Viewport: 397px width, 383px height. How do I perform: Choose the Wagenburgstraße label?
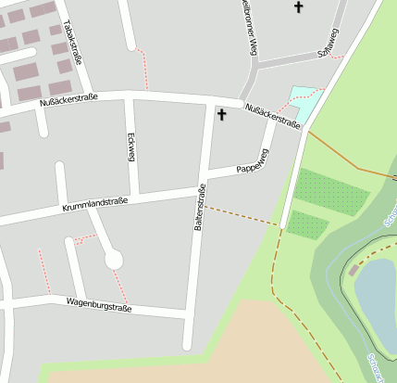tap(101, 304)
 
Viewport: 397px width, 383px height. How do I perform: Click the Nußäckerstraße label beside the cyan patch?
tap(272, 116)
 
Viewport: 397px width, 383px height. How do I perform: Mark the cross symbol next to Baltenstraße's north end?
tap(221, 115)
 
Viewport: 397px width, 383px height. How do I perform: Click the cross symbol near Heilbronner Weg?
tap(298, 7)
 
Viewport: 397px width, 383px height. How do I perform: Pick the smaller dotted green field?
tap(307, 223)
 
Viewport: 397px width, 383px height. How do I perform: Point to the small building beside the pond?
tap(354, 270)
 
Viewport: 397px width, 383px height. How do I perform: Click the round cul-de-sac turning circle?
tap(114, 260)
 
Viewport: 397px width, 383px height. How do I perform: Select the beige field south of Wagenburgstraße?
tap(185, 357)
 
